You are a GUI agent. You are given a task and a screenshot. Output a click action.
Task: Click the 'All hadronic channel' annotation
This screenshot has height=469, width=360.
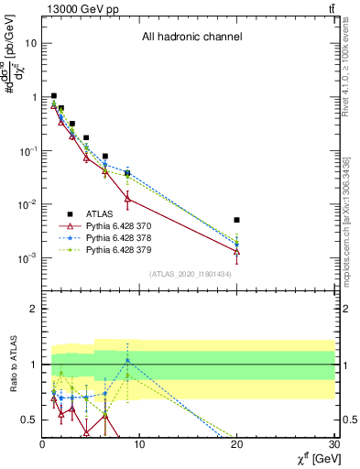191,38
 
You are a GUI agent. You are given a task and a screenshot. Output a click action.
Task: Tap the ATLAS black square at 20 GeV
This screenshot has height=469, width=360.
237,220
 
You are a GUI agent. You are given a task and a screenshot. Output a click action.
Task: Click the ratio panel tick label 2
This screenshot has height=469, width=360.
31,309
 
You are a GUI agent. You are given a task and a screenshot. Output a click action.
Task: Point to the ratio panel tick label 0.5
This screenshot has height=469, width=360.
27,420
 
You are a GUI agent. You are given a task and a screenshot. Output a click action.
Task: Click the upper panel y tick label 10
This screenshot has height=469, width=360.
28,43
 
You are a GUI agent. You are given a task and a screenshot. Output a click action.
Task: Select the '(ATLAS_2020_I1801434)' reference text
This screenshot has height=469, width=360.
189,274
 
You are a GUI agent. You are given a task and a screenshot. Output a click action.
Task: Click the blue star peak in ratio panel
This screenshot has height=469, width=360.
127,360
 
